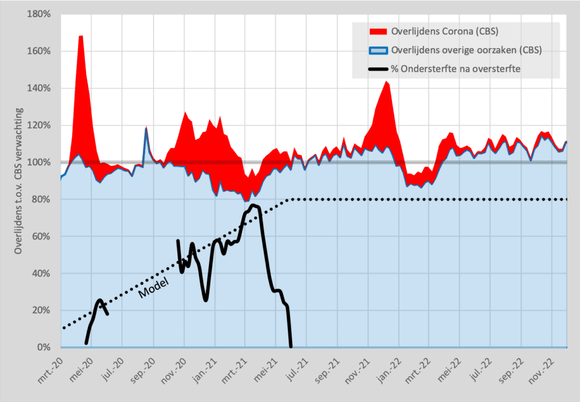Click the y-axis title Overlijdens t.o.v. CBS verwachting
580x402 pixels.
pos(19,180)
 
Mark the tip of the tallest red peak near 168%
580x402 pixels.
pos(80,36)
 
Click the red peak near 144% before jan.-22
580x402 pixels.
pos(387,82)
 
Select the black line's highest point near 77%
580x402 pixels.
pos(253,205)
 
